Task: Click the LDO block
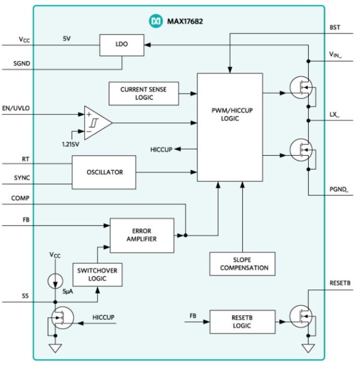tap(121, 45)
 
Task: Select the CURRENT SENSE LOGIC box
tap(143, 93)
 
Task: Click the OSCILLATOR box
tap(104, 172)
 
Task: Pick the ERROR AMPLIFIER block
tap(141, 235)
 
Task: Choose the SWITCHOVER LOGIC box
tap(97, 274)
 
